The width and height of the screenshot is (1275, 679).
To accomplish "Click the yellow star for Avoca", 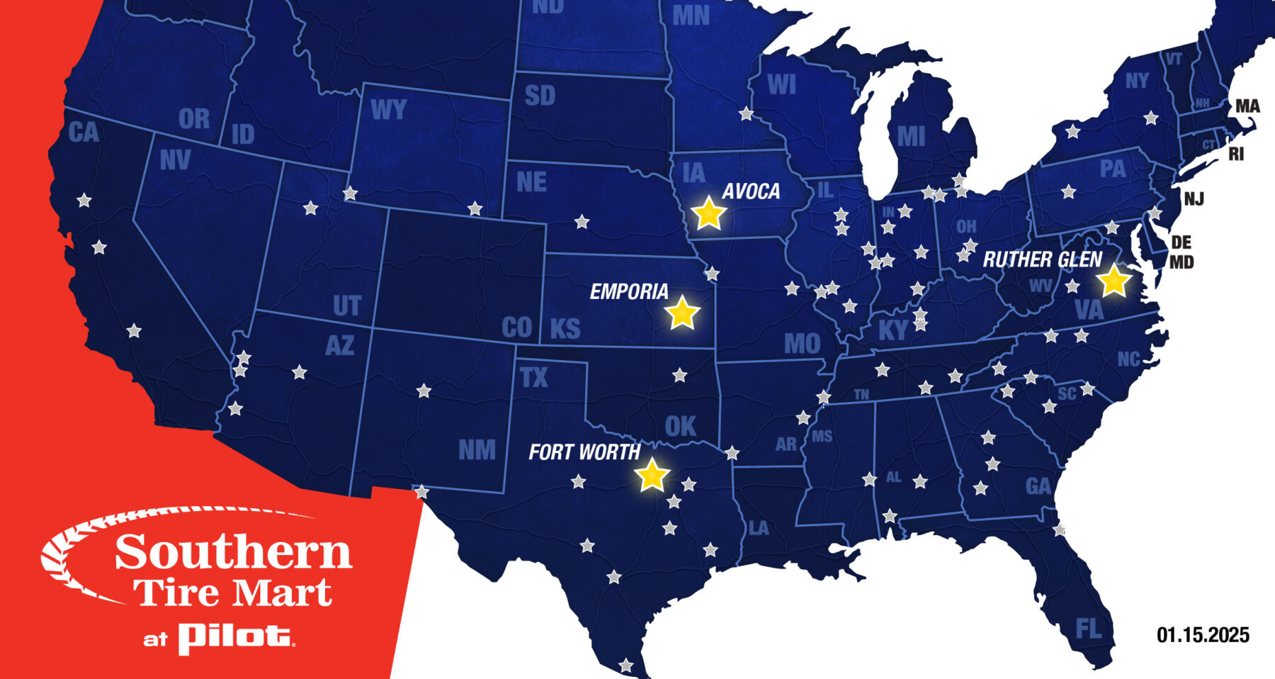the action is [x=708, y=213].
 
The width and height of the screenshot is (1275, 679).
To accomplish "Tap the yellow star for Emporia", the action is [x=682, y=313].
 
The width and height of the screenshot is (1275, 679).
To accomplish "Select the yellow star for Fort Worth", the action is [x=652, y=475].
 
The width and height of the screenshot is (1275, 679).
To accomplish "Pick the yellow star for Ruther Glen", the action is [x=1113, y=281].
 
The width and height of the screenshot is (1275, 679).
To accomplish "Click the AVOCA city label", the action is [x=751, y=191].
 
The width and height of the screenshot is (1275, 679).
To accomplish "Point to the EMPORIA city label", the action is [x=629, y=291].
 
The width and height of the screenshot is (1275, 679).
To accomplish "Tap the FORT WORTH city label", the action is [x=584, y=452].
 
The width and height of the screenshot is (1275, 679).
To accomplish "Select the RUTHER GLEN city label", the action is [x=1042, y=259].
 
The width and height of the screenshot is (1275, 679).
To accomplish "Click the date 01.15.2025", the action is [x=1203, y=635].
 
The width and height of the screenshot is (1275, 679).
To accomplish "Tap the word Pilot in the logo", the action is [x=235, y=637].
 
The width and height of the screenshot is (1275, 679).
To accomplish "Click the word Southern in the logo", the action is [x=234, y=553].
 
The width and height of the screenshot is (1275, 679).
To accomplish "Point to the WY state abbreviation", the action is [x=388, y=110].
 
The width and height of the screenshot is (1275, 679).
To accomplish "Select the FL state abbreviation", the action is [x=1088, y=628].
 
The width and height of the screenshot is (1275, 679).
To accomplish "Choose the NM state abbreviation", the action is [x=477, y=450].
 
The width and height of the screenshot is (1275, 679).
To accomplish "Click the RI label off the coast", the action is [x=1236, y=154].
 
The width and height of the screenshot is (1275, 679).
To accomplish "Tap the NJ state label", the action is [x=1194, y=198].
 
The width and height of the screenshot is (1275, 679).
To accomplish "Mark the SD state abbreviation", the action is [x=540, y=96].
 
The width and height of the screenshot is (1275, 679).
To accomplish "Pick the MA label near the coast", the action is [x=1247, y=106].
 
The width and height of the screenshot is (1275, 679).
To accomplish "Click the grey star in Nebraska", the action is [x=582, y=222].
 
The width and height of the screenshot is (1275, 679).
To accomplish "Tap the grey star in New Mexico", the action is [x=424, y=391].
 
